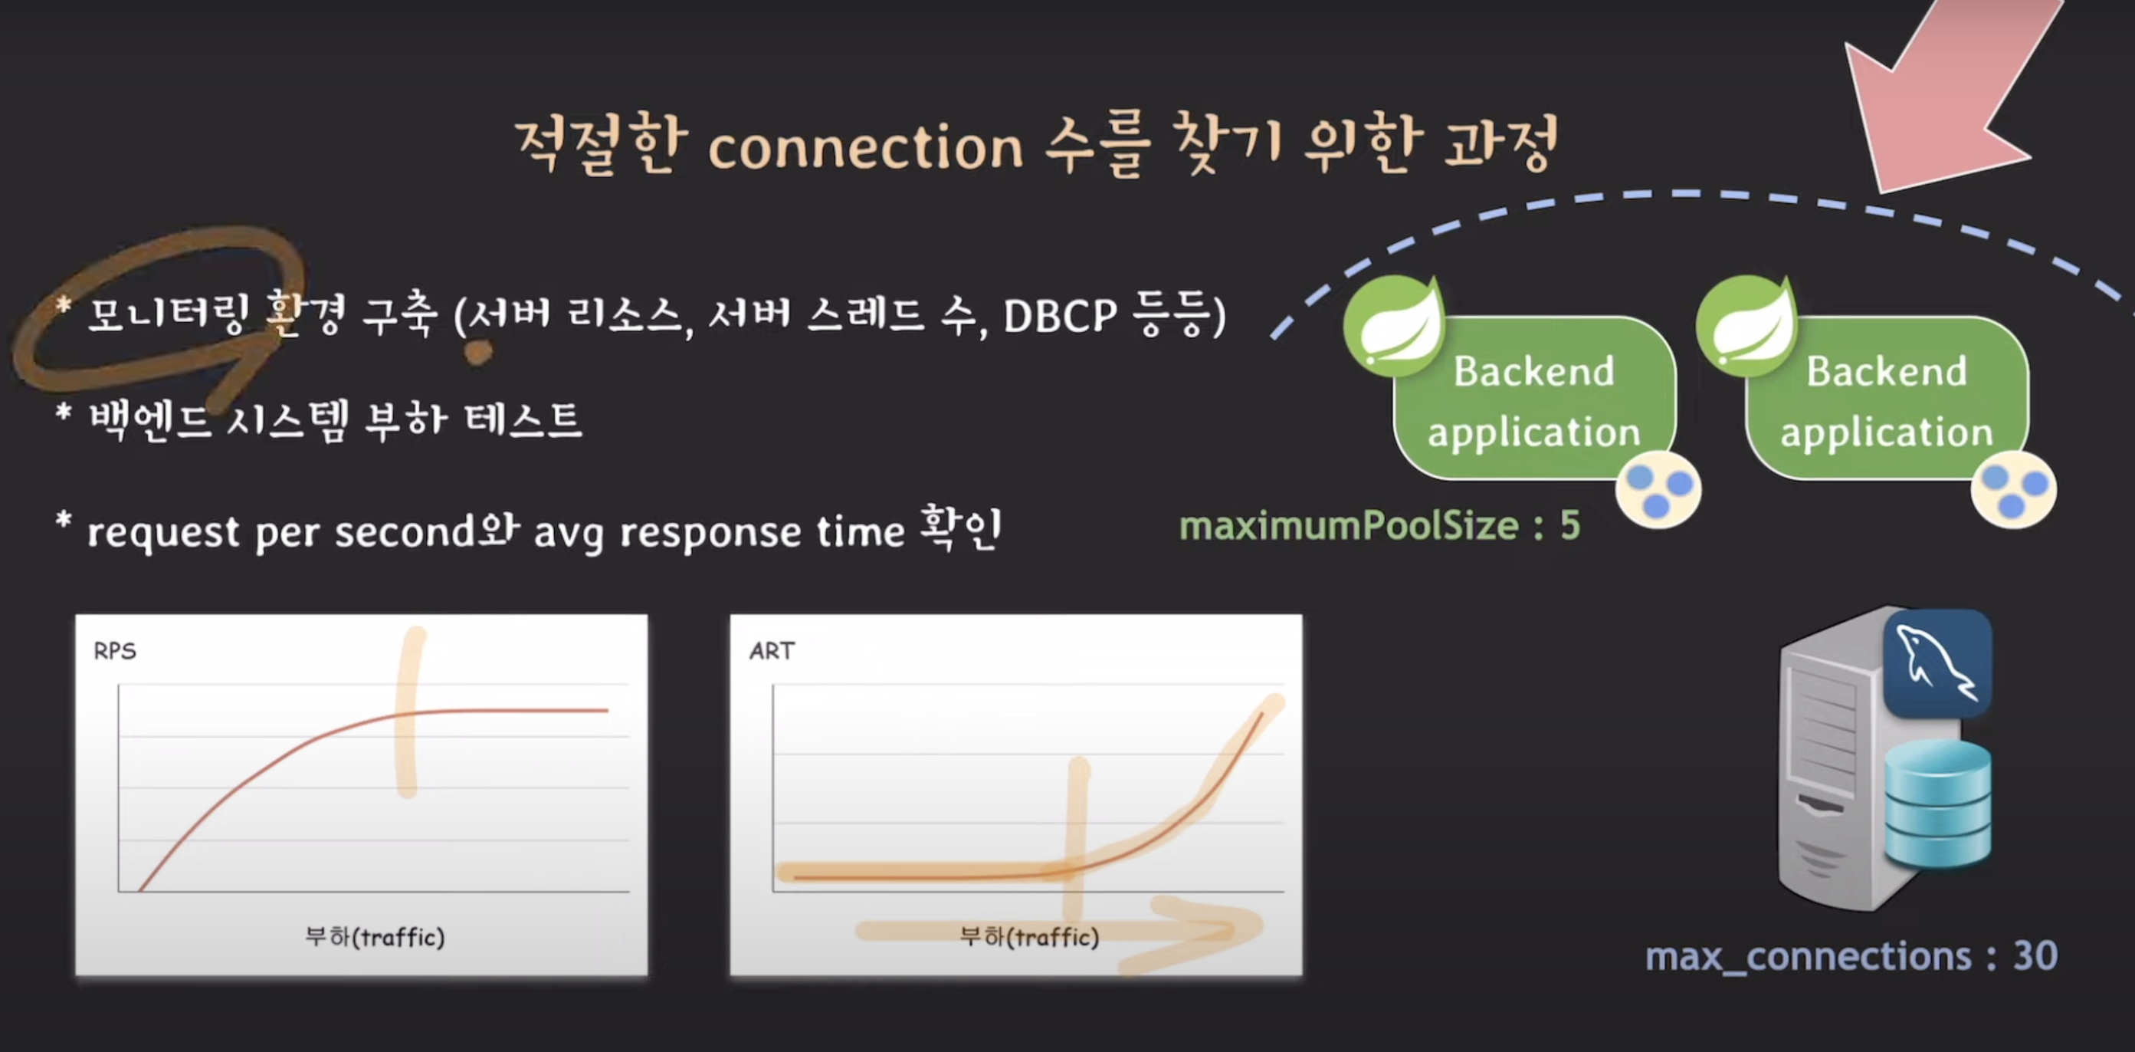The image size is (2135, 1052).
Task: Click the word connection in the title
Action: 866,147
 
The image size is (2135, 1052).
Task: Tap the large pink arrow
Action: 1948,91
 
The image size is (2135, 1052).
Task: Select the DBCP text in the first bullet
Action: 1060,316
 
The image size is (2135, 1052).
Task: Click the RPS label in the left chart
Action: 114,651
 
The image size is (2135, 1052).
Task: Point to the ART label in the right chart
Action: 772,651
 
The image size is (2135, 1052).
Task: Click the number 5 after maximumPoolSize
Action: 1569,524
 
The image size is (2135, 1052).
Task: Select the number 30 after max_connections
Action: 2035,956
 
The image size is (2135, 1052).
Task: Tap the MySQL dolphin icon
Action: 1937,663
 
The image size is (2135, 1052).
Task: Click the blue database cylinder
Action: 1938,804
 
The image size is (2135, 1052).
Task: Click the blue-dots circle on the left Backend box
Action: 1658,489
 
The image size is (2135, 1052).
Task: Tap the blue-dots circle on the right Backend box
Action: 2013,489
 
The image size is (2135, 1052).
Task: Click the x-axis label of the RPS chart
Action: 375,937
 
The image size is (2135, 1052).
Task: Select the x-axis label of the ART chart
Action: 1028,937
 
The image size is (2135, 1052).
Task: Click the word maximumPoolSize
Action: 1350,525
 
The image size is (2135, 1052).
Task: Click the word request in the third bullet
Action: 163,533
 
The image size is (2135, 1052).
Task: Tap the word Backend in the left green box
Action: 1534,370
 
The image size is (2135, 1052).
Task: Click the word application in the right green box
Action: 1887,432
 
